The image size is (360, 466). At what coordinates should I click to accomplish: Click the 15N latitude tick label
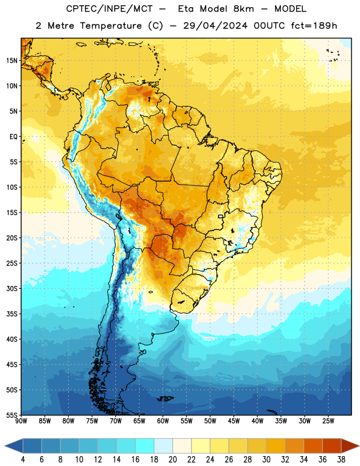(12, 61)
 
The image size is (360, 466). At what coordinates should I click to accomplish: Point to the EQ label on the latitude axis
(13, 137)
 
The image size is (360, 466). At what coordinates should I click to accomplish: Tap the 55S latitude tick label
(12, 415)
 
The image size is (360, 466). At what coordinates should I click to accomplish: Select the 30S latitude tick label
(12, 288)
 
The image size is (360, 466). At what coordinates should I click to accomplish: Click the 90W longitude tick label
(21, 421)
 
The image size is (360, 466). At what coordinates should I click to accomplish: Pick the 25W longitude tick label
(328, 421)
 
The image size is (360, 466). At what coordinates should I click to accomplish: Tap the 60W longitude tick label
(163, 421)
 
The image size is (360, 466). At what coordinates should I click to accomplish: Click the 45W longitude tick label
(234, 421)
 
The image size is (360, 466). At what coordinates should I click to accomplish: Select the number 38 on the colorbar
(341, 460)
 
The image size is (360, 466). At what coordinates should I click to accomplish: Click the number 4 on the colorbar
(23, 460)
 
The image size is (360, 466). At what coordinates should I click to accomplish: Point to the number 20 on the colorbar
(172, 460)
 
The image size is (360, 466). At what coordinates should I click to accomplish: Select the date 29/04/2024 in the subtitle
(215, 26)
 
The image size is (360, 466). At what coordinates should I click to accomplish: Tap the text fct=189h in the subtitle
(314, 26)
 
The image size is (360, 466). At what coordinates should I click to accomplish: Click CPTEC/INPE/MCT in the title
(110, 9)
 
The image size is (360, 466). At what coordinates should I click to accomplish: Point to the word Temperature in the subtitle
(111, 26)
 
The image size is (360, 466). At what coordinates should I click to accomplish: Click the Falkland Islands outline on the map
(165, 398)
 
